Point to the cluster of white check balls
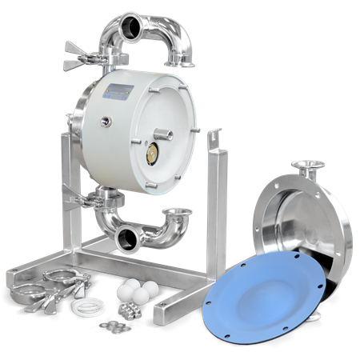coord(131,291)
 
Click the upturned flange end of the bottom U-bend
coord(177,214)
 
